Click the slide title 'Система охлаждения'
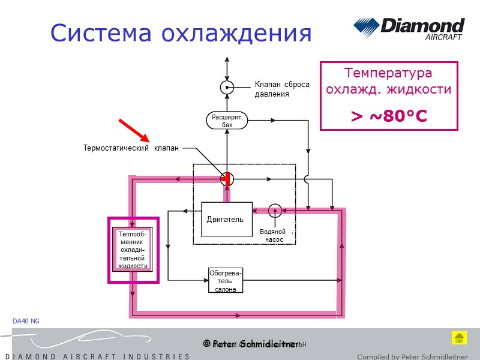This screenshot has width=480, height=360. pos(181,33)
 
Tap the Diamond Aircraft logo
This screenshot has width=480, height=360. pos(409,29)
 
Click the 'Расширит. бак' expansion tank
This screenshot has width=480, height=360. pos(227,121)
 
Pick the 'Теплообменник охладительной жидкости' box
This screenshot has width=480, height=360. pos(133,250)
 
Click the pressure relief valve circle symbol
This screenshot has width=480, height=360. pos(227,88)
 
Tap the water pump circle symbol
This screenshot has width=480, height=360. pos(275,210)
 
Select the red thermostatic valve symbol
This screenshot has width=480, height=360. pos(227,179)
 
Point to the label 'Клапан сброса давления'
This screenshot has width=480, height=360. pos(281,89)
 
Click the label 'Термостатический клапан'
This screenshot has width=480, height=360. pos(131,148)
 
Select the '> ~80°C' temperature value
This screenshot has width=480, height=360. pos(389,116)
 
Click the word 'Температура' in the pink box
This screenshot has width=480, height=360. pos(388,73)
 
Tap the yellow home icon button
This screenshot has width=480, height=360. pos(458,337)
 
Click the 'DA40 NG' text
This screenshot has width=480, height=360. pos(26,322)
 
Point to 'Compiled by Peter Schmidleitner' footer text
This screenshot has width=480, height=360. pos(412,356)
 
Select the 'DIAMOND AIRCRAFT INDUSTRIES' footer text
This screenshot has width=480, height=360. pos(97,356)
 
